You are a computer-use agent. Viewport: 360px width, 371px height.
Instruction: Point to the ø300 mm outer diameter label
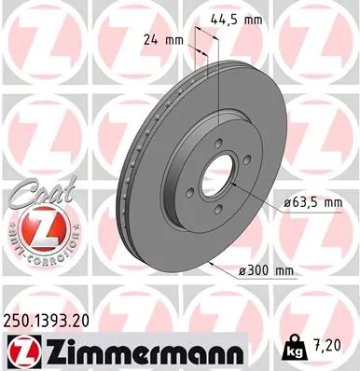(266, 270)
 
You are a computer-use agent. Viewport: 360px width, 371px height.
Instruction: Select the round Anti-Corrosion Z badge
(37, 228)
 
